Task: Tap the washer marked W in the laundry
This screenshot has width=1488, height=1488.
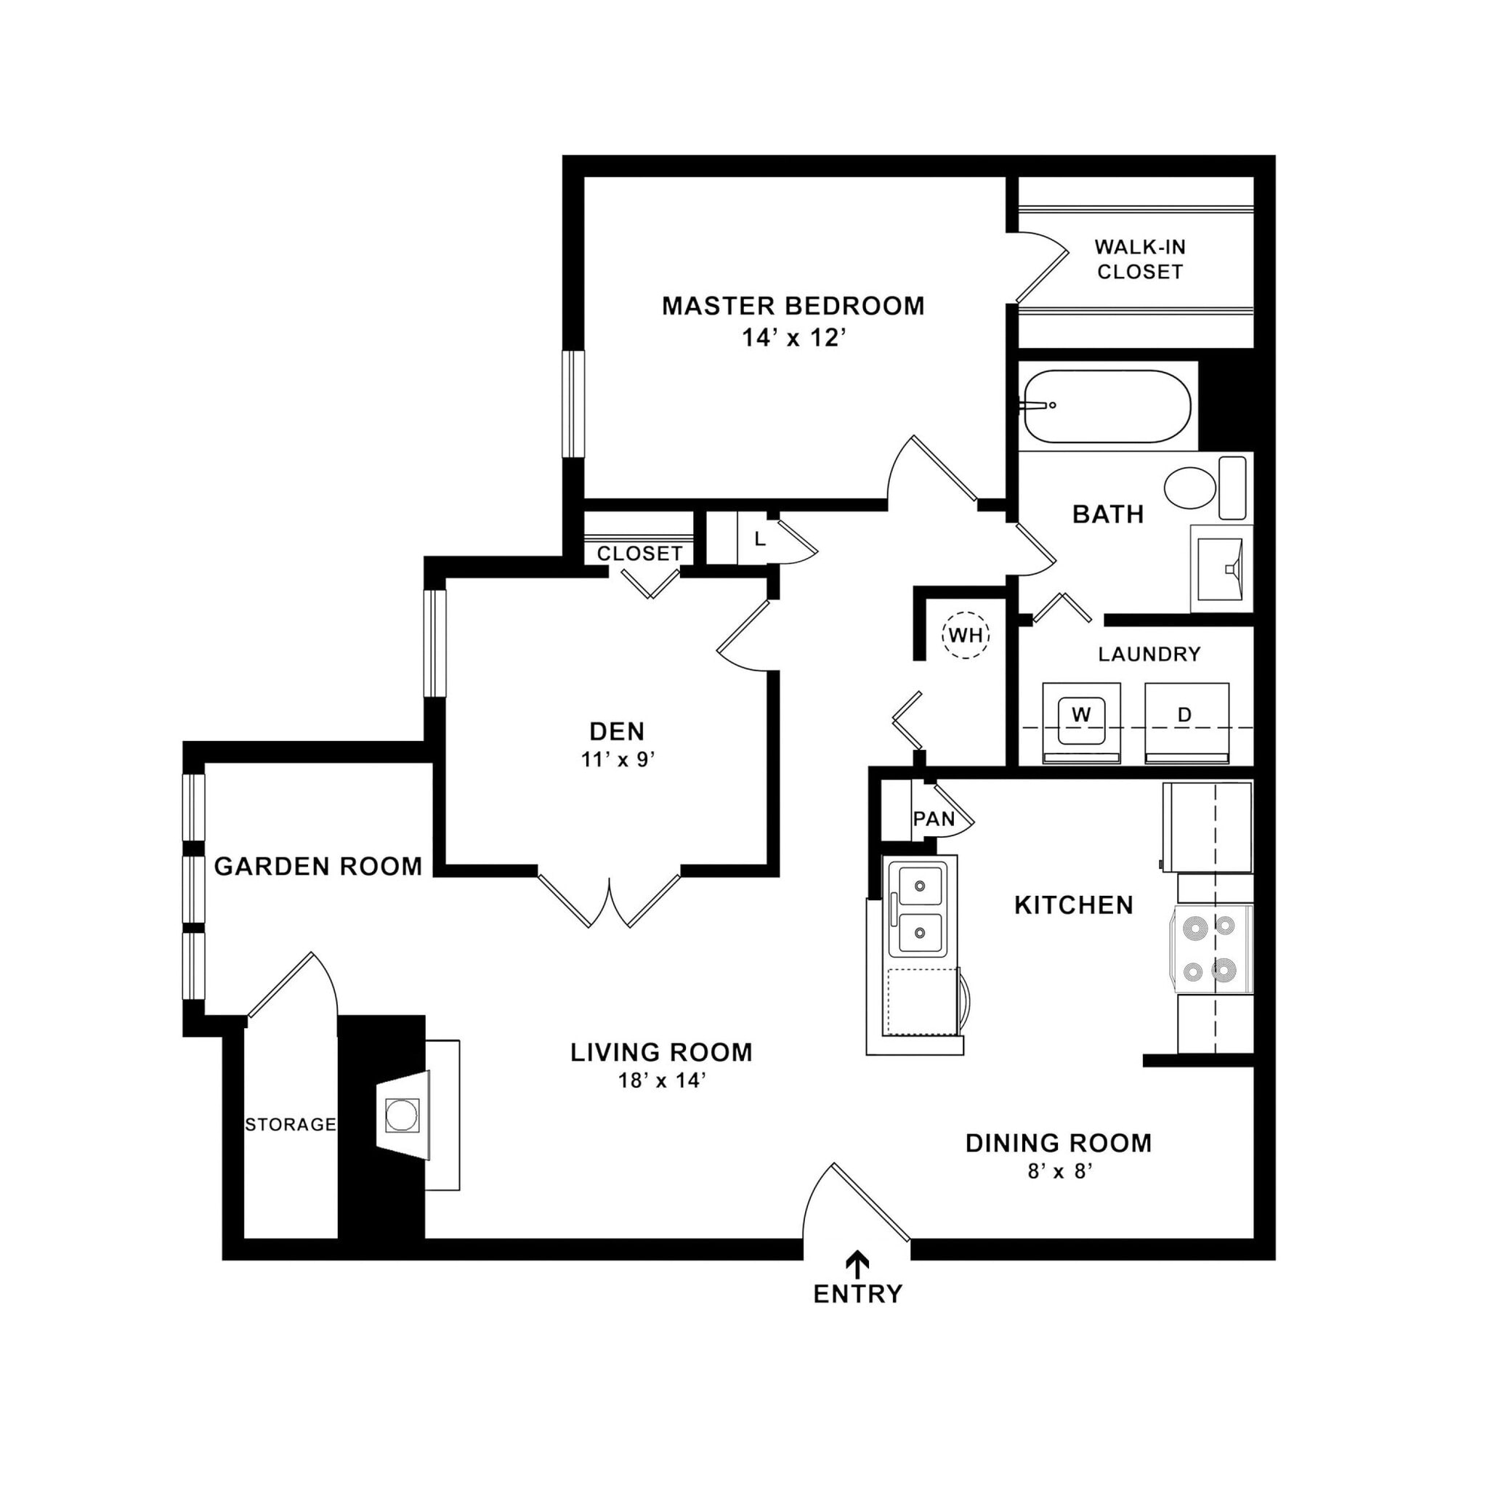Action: pos(1081,721)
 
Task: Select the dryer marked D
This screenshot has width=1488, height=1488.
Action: pos(1186,721)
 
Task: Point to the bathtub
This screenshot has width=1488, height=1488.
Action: pos(1107,407)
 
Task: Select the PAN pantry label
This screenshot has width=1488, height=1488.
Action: pos(934,819)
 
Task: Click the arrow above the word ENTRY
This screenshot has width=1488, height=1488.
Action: pos(857,1261)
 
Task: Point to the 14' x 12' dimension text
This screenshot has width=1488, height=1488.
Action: pos(793,338)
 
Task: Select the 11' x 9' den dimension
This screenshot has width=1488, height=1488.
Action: pos(618,760)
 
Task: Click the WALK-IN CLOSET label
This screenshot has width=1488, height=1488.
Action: pos(1139,259)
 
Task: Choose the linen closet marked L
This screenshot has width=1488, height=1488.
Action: pos(759,539)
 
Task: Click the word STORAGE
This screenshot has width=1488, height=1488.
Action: pos(291,1125)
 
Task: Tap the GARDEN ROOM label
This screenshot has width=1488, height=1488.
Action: pos(318,867)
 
